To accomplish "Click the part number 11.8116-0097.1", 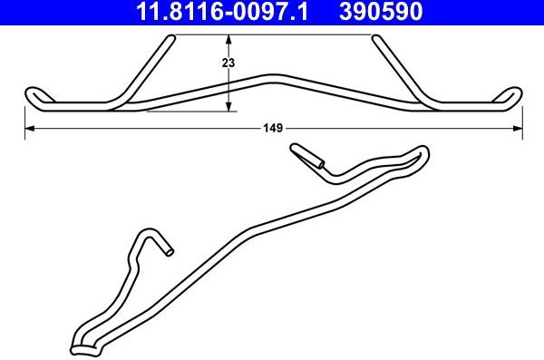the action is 222,11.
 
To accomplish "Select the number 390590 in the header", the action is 381,11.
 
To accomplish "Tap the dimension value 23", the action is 228,63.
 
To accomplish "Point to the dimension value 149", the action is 273,128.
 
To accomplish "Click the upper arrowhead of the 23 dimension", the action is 228,39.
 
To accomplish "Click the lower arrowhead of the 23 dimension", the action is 228,107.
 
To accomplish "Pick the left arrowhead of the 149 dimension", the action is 30,129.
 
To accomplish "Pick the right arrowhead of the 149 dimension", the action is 518,129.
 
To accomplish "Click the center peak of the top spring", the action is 274,79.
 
